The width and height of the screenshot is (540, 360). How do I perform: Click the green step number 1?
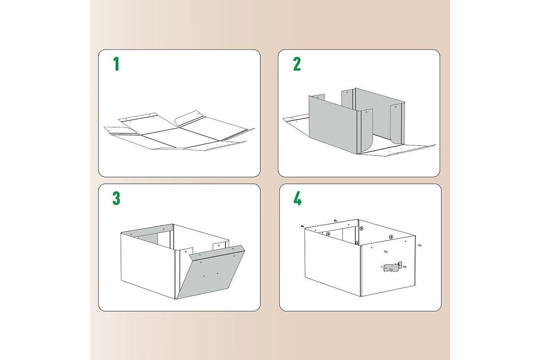(x=117, y=64)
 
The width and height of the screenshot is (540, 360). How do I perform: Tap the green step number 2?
(x=297, y=64)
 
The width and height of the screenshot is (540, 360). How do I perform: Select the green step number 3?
(x=116, y=198)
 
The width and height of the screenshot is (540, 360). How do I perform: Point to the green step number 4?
(x=297, y=198)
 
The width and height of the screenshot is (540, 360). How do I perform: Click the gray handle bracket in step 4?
(x=393, y=267)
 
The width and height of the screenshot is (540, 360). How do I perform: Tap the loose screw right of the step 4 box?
(x=420, y=245)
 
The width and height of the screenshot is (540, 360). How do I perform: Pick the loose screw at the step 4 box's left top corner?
(x=302, y=226)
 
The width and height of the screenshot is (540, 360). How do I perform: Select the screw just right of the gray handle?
(x=405, y=267)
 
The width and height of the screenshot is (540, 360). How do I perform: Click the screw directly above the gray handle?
(x=386, y=252)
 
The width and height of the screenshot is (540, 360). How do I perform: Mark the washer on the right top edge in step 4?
(x=391, y=237)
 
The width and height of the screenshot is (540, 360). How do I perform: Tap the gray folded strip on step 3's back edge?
(x=148, y=230)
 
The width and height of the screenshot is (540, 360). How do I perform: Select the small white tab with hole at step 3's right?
(x=219, y=246)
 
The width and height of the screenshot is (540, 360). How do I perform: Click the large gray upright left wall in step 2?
(x=333, y=125)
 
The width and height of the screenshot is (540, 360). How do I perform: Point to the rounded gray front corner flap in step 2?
(x=367, y=130)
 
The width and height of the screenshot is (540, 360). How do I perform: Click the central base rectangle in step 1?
(x=180, y=138)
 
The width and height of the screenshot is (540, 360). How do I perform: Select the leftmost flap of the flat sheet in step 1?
(x=122, y=131)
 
